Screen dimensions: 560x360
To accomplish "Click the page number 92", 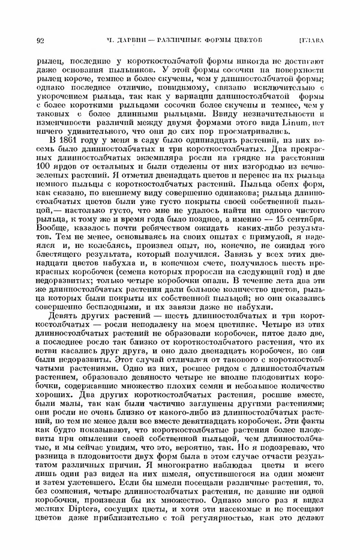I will point(41,41).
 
